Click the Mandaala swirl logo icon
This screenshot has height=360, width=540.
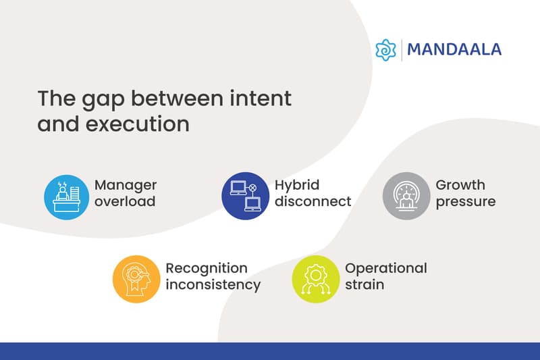tap(385, 50)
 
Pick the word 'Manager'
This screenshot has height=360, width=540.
tap(126, 185)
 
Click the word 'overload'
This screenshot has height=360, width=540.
tap(124, 201)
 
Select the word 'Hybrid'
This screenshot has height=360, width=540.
tap(297, 185)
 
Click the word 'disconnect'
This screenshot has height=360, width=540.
tap(313, 201)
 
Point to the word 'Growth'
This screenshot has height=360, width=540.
tap(460, 185)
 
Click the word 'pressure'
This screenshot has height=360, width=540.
tap(466, 201)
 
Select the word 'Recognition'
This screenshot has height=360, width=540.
tap(207, 268)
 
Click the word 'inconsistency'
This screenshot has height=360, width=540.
tap(213, 284)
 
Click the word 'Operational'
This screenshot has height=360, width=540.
tap(386, 268)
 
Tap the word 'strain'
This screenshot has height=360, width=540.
tap(364, 284)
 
